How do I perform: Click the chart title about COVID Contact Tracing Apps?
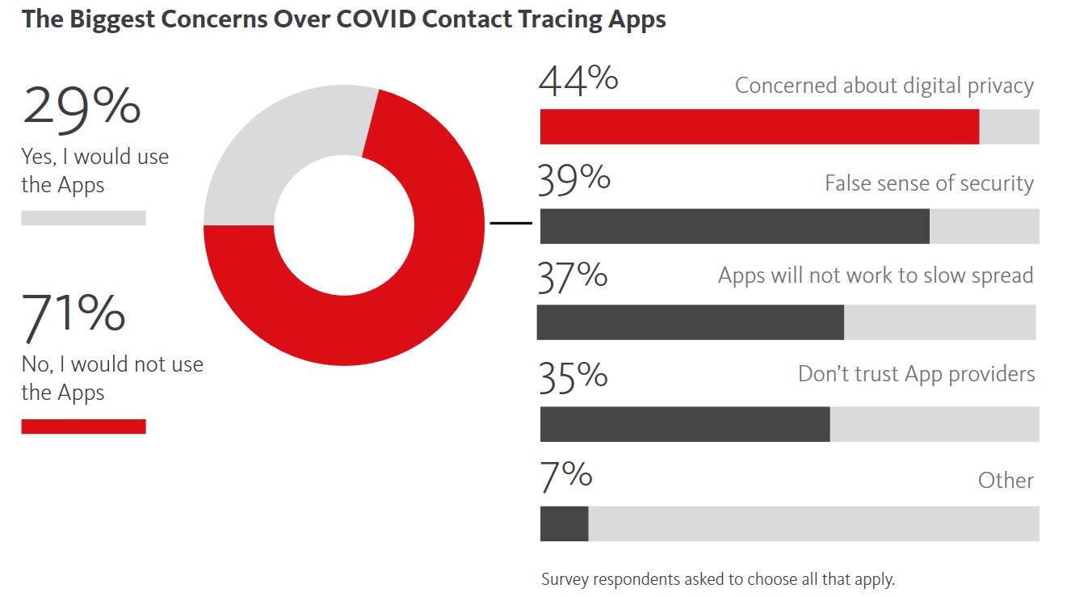click(344, 19)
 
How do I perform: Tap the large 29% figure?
click(82, 107)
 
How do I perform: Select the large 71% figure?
click(74, 315)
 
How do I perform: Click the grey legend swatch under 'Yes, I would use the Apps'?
click(83, 218)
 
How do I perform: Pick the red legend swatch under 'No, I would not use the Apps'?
click(83, 427)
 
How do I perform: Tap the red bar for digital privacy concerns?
click(759, 127)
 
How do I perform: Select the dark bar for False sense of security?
click(734, 226)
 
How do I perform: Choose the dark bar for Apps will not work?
click(690, 322)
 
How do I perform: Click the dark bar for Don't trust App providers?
click(684, 424)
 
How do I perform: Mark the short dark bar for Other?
click(564, 523)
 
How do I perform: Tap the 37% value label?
click(573, 275)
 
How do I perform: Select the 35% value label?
click(573, 376)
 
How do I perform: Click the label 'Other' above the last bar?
click(1006, 481)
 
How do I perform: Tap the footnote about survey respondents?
click(718, 579)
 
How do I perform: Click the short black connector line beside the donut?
click(510, 223)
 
